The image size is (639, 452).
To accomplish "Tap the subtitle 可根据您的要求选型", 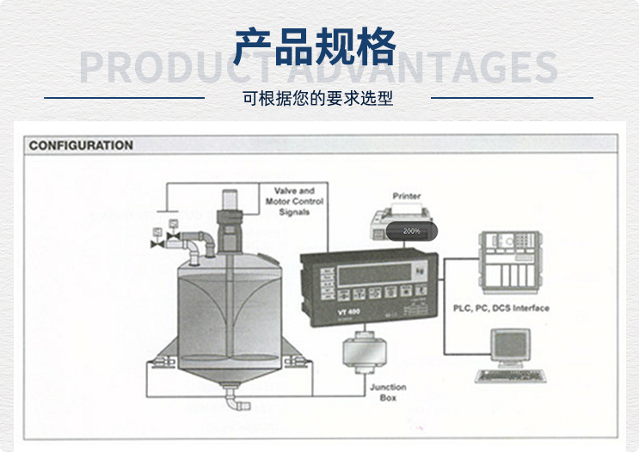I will click(x=317, y=98).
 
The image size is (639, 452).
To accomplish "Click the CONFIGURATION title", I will click(x=81, y=145).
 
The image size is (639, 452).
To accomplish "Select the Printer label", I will click(x=407, y=197).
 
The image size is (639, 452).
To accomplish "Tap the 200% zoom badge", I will click(x=412, y=231).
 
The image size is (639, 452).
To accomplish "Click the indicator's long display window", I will click(x=369, y=272).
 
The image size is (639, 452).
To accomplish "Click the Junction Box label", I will click(x=388, y=392).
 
